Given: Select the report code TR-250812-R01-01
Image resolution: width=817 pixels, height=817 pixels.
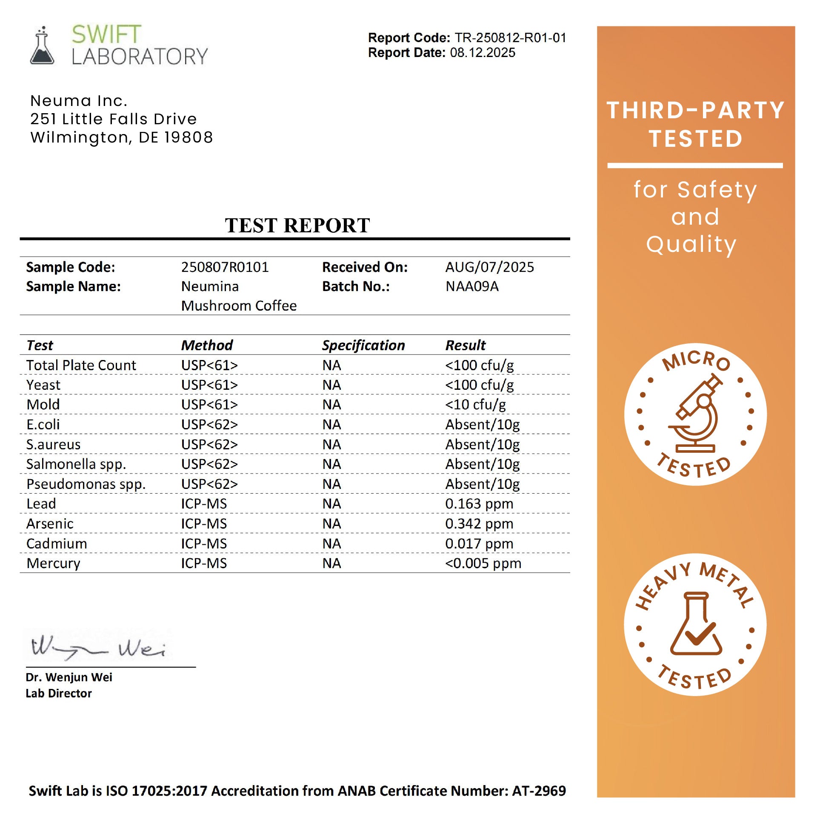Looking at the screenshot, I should click(x=510, y=38).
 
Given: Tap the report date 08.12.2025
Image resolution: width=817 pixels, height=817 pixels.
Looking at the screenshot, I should click(x=483, y=53).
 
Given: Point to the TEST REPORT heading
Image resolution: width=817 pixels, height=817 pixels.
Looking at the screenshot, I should click(x=297, y=225).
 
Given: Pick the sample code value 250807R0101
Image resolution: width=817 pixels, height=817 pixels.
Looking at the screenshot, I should click(x=225, y=267).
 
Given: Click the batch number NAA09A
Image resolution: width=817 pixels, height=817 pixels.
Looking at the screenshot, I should click(x=472, y=286).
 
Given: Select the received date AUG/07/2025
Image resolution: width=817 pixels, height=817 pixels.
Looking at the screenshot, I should click(x=489, y=267).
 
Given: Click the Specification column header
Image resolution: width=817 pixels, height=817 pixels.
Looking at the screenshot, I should click(x=363, y=345).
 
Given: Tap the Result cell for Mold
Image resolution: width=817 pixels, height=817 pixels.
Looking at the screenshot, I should click(x=475, y=405).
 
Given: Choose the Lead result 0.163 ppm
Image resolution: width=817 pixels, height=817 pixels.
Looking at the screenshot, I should click(x=479, y=504).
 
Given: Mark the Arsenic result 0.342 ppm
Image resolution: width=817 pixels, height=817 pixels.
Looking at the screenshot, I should click(x=479, y=524).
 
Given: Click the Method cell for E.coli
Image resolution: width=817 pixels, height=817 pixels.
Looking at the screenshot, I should click(x=209, y=425).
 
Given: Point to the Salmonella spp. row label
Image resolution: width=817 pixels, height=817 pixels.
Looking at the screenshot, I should click(x=76, y=464).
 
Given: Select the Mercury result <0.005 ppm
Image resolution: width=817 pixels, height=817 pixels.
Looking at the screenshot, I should click(x=483, y=563).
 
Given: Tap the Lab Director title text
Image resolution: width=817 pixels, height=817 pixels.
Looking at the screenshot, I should click(x=59, y=694).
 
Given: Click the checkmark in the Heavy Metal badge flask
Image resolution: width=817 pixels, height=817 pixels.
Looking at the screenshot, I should click(x=698, y=634).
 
